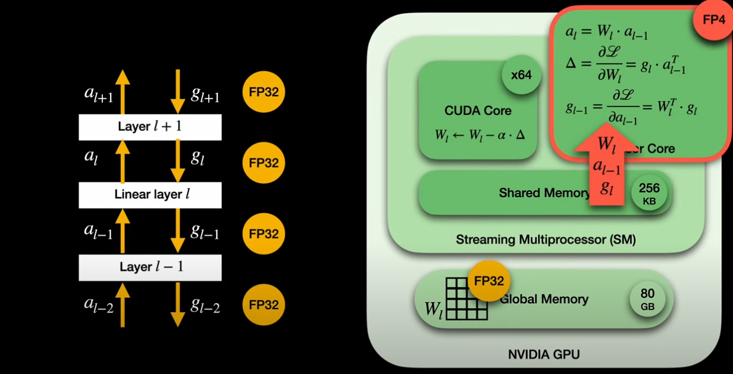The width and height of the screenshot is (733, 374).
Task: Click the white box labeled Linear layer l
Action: (x=150, y=195)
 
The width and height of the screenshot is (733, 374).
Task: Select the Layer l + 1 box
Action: (x=150, y=127)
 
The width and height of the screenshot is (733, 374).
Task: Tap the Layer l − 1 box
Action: (x=150, y=267)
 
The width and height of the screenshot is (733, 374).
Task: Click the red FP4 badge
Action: (x=713, y=20)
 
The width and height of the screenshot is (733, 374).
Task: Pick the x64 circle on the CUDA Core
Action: (x=521, y=75)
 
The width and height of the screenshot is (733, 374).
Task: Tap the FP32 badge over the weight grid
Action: (x=489, y=281)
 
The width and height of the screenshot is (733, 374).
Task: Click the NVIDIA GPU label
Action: (x=543, y=354)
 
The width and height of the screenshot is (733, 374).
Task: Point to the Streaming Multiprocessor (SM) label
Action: (x=546, y=239)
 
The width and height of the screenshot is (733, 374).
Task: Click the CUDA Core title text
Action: (x=478, y=111)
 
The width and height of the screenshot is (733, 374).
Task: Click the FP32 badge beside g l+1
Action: (x=264, y=92)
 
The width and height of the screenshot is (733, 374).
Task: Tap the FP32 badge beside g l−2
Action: (x=264, y=305)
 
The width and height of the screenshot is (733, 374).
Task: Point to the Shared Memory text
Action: (x=544, y=193)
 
